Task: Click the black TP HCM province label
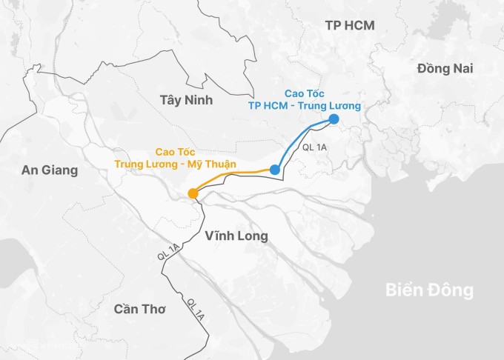coord(350,26)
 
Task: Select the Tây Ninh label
coord(186,100)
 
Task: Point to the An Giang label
coord(50,170)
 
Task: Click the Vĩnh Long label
coord(236,236)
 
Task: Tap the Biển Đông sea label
coord(429,290)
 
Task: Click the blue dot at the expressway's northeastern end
coord(334,119)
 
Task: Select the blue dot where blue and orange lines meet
coord(275,170)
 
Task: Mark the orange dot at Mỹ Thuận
coord(193,194)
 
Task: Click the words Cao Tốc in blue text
coord(304,93)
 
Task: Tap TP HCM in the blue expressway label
coord(268,106)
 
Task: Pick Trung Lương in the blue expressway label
coord(333,106)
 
